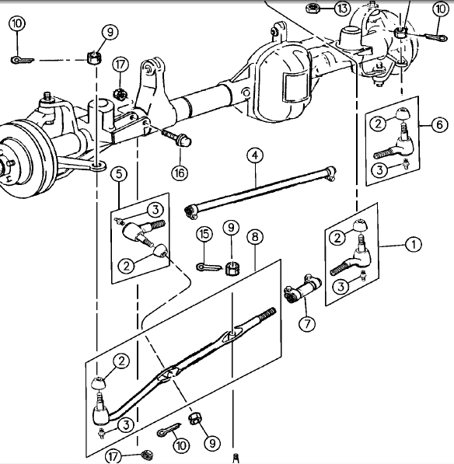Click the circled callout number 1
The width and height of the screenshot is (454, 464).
[x=414, y=244]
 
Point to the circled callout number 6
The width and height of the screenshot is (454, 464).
[x=439, y=124]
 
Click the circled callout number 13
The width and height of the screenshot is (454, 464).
[x=343, y=9]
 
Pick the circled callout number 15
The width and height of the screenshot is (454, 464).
[x=204, y=234]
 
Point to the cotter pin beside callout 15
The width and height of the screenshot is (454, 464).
[x=204, y=267]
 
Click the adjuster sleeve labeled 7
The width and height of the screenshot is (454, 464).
[x=300, y=292]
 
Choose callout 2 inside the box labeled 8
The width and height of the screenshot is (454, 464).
[x=120, y=361]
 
